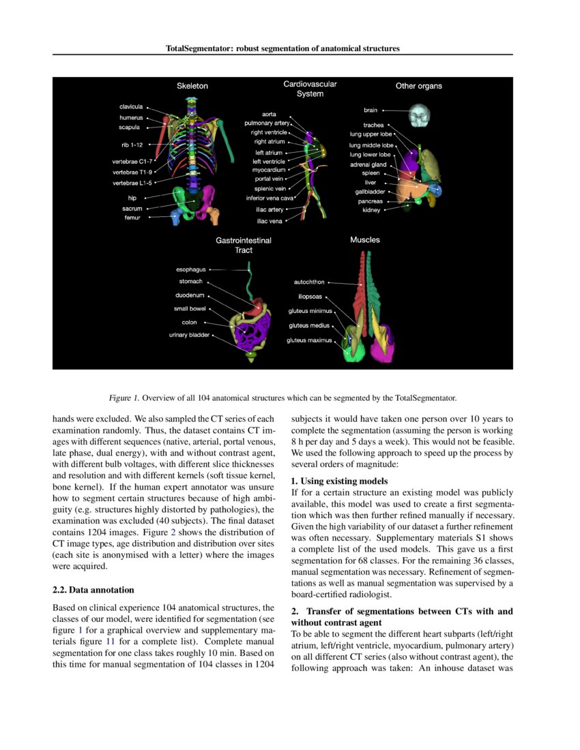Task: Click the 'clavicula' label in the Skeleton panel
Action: coord(131,107)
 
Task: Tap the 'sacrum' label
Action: coord(132,208)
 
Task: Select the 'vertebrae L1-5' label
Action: coord(133,183)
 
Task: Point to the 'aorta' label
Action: coord(269,114)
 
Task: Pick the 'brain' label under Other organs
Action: coord(371,110)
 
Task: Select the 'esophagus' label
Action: coord(191,269)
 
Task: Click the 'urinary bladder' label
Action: coord(190,335)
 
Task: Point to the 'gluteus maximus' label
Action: coord(309,340)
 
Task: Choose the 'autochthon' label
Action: coord(309,282)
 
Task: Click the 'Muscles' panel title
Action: coord(365,240)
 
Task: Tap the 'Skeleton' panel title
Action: coord(192,86)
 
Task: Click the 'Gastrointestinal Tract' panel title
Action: coord(244,245)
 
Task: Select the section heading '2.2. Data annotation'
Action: coord(93,589)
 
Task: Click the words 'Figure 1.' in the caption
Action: coord(124,397)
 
